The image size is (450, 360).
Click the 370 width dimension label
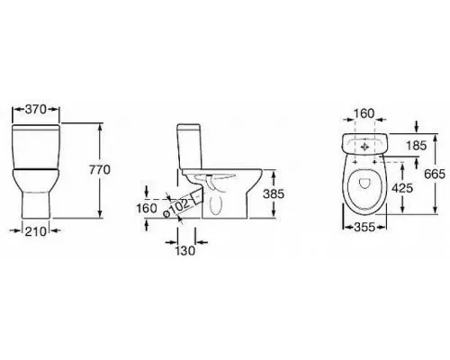(36, 110)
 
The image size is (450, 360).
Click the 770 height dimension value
(100, 170)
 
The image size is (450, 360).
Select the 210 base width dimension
(36, 231)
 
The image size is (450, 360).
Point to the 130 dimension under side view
(185, 250)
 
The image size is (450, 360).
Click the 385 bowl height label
(274, 194)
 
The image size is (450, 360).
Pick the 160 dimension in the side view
(147, 208)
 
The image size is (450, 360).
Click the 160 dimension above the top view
(364, 113)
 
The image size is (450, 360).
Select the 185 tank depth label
(416, 146)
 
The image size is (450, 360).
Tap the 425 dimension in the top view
(402, 188)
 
